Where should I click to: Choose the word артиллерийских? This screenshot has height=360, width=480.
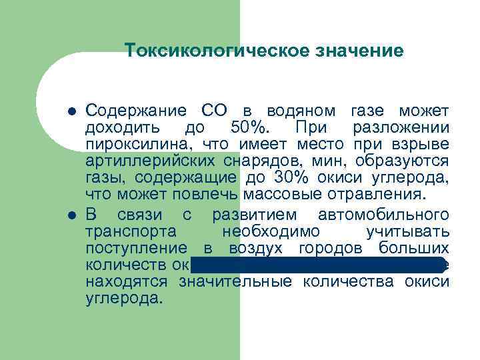(x=150, y=161)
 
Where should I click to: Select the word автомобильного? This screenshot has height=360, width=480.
(x=384, y=215)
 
